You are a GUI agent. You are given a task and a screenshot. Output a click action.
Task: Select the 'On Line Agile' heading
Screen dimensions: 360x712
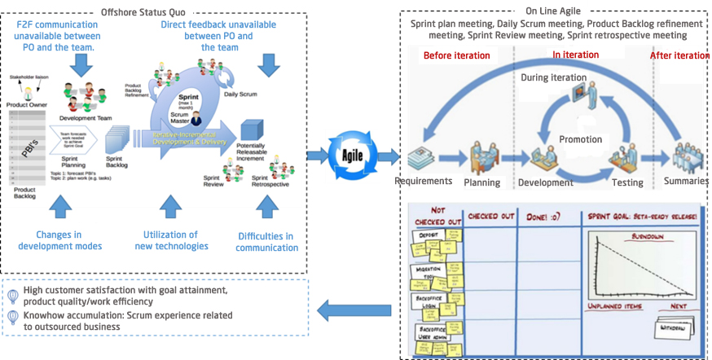554,11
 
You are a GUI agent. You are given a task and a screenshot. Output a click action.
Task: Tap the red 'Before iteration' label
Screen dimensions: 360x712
456,56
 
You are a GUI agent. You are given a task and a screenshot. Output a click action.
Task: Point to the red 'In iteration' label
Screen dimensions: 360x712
575,55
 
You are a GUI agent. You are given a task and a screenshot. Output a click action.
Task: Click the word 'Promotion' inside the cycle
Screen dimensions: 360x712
580,139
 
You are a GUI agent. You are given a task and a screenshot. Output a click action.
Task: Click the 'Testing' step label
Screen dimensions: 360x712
628,183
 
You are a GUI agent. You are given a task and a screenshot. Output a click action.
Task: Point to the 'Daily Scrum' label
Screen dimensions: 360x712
240,94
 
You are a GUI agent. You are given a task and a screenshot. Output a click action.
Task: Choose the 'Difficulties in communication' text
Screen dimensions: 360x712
266,242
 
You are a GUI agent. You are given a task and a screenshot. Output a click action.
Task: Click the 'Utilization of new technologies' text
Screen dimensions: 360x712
170,240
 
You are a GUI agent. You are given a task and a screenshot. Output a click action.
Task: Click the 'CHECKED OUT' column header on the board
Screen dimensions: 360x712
490,216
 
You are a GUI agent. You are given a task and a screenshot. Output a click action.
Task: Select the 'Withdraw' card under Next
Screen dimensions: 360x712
673,326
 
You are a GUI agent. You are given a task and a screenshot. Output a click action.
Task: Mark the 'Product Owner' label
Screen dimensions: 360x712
26,104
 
